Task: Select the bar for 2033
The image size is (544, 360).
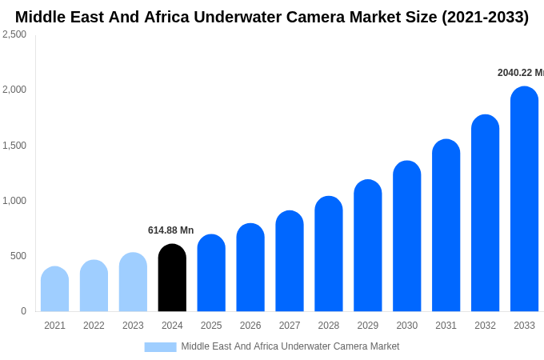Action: tap(524, 199)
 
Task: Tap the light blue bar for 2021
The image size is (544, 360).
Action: tap(54, 289)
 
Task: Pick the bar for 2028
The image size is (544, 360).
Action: tap(329, 254)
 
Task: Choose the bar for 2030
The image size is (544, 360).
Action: tap(406, 236)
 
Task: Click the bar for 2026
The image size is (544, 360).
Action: tap(250, 267)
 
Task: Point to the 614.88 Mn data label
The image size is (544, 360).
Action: tap(170, 230)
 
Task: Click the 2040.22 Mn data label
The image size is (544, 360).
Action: tap(520, 73)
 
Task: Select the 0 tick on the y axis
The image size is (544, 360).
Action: tap(23, 311)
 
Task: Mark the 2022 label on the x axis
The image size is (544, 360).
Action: tap(94, 326)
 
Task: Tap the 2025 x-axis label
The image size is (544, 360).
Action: tap(211, 326)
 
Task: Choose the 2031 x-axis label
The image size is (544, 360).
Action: tap(446, 326)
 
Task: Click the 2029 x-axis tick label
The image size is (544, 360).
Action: tap(368, 326)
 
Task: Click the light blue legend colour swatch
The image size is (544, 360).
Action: tap(160, 346)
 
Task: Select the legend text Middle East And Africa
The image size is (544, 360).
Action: tap(232, 346)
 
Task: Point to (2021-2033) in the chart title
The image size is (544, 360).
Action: tap(485, 17)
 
